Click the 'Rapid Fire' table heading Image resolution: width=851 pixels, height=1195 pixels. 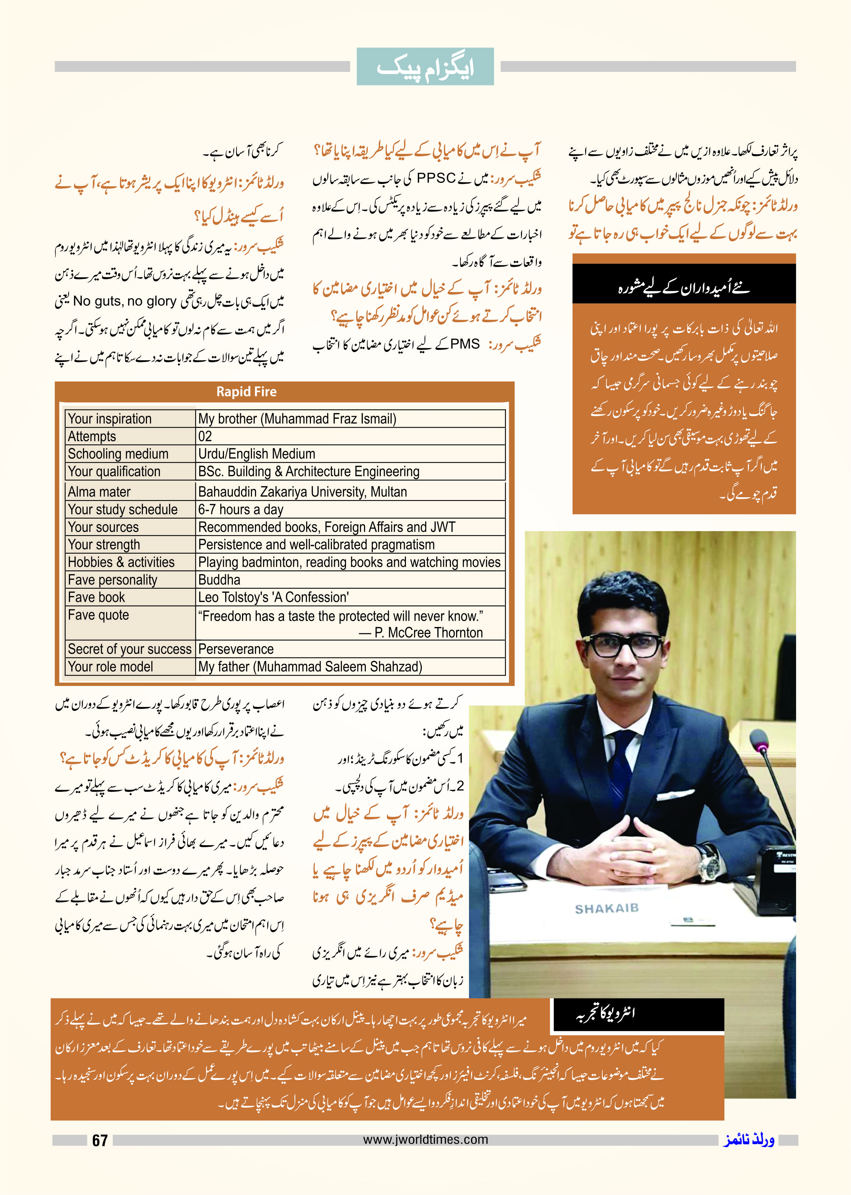[246, 392]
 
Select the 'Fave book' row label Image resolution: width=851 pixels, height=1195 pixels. [97, 597]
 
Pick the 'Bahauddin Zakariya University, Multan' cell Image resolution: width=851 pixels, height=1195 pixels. [302, 492]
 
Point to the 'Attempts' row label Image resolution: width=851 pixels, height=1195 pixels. [92, 436]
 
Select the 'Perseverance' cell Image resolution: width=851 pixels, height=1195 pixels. [236, 649]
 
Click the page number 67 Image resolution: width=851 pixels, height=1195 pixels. [99, 1140]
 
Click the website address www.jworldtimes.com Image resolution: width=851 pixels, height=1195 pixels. [425, 1139]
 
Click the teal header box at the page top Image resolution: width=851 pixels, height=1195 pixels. [425, 67]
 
